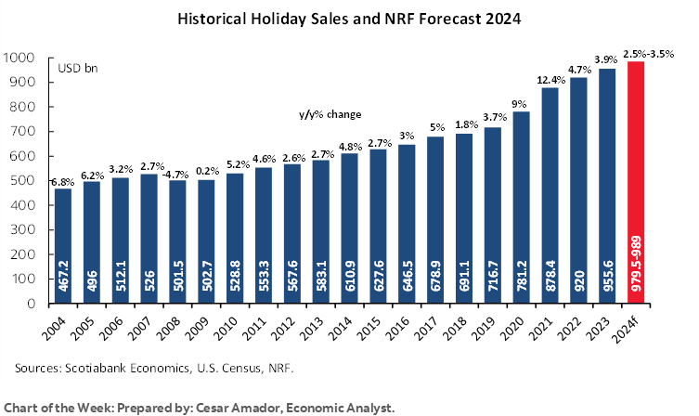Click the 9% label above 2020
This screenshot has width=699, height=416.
(x=521, y=102)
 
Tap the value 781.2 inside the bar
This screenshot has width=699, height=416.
(x=522, y=279)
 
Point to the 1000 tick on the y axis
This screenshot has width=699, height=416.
(x=20, y=58)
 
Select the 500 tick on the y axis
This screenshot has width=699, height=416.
(x=24, y=181)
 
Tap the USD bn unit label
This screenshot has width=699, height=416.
(x=73, y=68)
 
